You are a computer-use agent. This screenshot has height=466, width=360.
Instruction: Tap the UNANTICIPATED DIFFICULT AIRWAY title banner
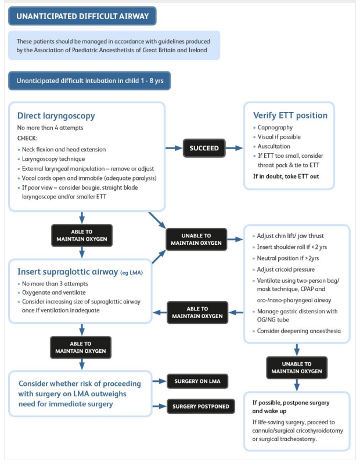82,16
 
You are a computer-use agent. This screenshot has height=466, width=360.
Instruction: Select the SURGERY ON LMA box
197,381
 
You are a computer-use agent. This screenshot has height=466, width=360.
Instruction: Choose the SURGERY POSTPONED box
200,406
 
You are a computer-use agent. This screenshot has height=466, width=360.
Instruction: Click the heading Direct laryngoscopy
56,115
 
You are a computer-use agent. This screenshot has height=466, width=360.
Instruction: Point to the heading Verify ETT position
290,115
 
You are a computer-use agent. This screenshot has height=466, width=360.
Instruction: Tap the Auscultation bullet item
274,146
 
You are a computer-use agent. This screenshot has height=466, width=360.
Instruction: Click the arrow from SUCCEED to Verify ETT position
234,148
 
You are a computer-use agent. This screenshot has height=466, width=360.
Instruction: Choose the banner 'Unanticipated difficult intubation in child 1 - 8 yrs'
89,81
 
